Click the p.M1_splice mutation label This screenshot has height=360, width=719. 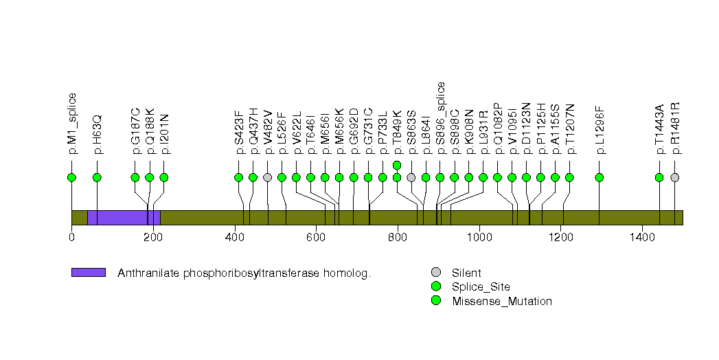click(x=72, y=122)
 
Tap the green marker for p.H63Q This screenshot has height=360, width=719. click(x=97, y=177)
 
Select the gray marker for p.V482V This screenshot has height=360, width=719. click(x=267, y=177)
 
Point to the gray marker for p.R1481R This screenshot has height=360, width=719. click(x=674, y=177)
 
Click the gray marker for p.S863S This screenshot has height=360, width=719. click(x=411, y=177)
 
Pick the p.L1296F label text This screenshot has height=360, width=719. click(x=600, y=130)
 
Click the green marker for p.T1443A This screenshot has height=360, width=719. click(x=659, y=177)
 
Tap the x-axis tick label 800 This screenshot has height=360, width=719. click(x=398, y=238)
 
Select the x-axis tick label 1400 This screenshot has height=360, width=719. click(x=642, y=238)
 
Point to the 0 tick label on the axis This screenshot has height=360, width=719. click(x=71, y=238)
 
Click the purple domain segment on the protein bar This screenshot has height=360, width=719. click(x=124, y=217)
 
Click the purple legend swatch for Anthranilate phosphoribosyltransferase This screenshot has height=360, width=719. click(x=88, y=273)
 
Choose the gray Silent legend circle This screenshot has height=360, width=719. click(x=435, y=273)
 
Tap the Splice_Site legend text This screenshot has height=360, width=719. click(x=481, y=286)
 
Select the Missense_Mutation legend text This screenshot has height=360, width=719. click(x=502, y=301)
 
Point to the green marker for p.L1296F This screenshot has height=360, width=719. click(x=600, y=177)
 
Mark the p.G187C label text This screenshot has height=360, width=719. click(x=136, y=131)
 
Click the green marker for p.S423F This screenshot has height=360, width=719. click(x=238, y=177)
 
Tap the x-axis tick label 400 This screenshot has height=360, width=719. click(x=235, y=238)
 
